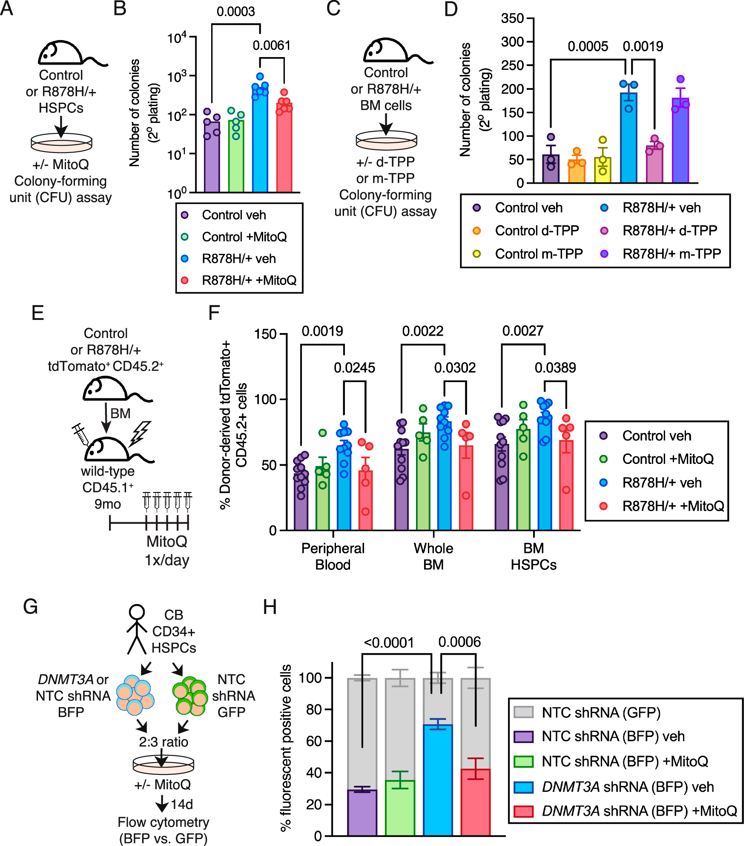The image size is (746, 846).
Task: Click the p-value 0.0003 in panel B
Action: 235,12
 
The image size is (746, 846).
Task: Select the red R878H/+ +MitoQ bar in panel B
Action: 284,149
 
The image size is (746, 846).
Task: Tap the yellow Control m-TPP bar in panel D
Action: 603,170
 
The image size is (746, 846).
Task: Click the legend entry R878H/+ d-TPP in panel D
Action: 669,230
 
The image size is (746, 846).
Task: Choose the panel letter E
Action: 37,313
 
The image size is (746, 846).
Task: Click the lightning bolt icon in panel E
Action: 141,433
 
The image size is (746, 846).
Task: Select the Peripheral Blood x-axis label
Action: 333,556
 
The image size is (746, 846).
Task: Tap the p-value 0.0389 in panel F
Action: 555,368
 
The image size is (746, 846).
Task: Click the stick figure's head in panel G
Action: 137,612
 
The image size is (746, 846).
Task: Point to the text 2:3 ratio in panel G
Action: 164,742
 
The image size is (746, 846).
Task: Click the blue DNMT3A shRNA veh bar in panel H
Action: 438,780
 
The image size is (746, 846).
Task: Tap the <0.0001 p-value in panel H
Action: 388,642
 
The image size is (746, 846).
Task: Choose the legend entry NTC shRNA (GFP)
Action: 600,712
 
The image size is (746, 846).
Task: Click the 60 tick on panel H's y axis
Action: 314,741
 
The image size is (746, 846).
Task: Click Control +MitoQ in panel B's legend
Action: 244,236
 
